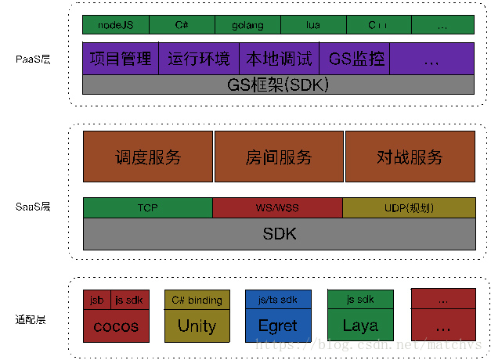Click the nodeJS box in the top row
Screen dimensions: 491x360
tap(115, 25)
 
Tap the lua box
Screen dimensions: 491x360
tap(312, 25)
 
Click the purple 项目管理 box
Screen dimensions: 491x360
tap(121, 59)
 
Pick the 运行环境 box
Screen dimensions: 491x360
tap(199, 59)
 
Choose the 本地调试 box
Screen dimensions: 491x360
tap(279, 59)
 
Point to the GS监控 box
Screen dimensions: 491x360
tap(354, 59)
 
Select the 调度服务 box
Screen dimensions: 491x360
tap(147, 157)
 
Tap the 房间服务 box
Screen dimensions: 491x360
tap(279, 157)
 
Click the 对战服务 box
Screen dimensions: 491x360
tap(410, 157)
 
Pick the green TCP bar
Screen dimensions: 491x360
tap(147, 208)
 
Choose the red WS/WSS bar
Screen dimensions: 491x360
tap(277, 208)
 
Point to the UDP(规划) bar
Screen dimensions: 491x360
tap(409, 208)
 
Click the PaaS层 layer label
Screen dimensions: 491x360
tap(33, 59)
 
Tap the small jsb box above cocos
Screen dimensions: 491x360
tap(96, 300)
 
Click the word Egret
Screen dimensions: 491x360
tap(278, 326)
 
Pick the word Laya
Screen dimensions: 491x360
tap(360, 325)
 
